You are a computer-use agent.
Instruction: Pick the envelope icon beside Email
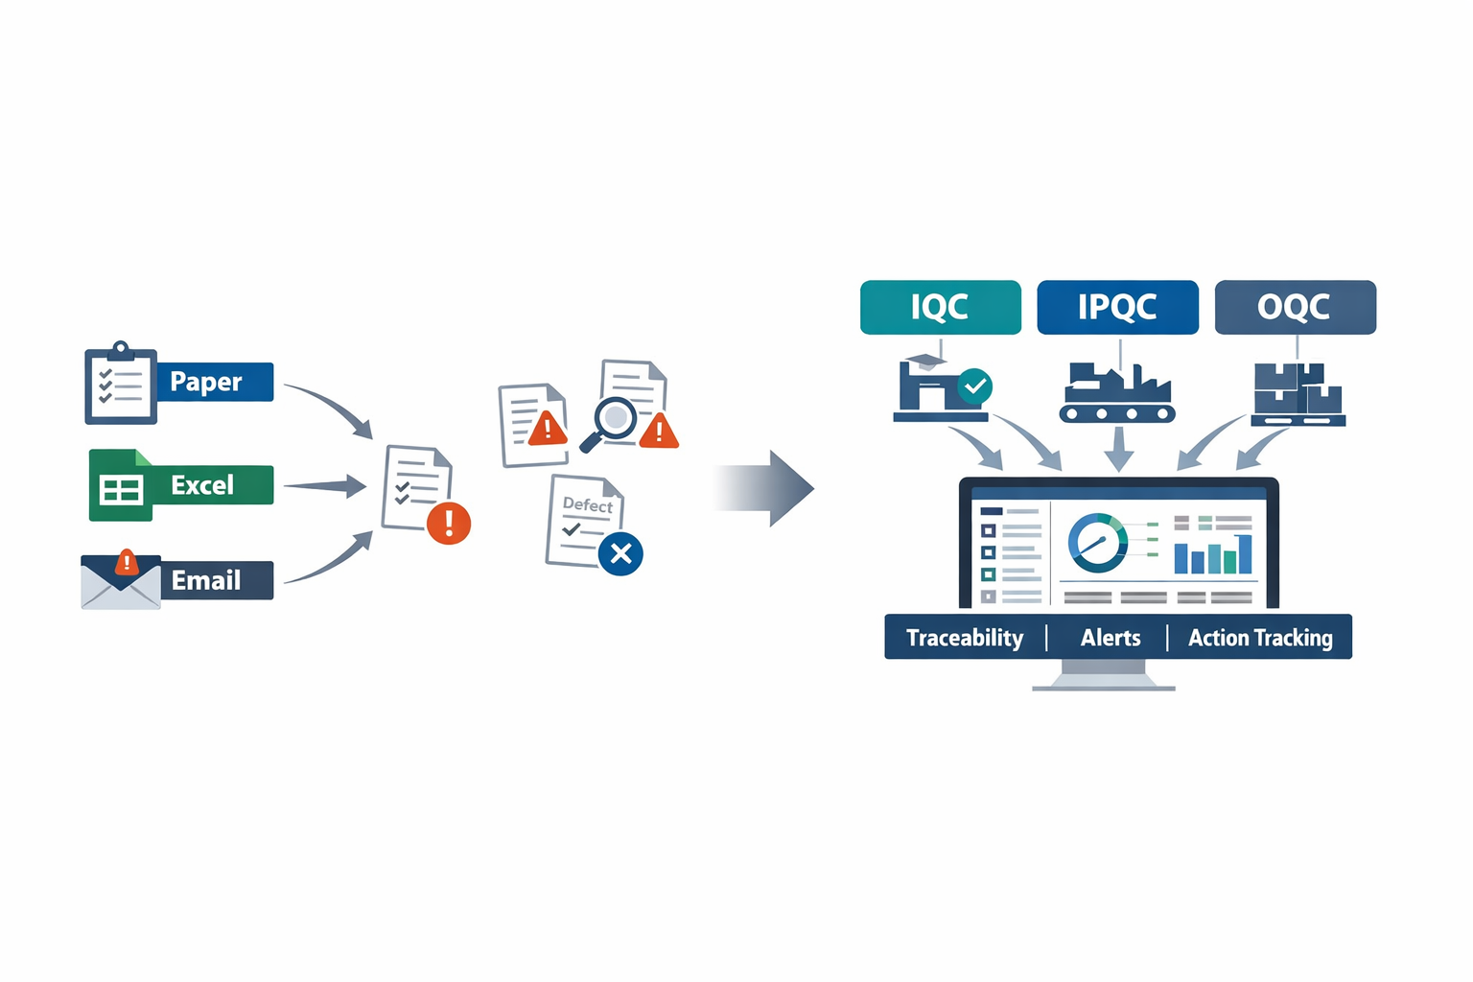121,582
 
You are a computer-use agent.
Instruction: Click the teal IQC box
940,307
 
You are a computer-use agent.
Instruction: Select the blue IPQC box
1117,307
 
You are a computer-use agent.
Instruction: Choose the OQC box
1295,307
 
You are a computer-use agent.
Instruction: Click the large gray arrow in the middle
767,488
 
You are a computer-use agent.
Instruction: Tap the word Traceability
965,638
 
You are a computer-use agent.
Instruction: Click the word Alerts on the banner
1111,638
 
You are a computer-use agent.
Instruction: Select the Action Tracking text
1260,638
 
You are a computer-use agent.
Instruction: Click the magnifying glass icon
612,421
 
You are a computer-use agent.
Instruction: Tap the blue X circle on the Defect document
620,553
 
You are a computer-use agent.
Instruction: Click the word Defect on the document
587,504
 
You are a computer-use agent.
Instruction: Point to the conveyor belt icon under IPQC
1117,394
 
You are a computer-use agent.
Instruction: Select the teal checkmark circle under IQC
975,386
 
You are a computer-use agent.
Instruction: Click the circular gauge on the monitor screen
1098,543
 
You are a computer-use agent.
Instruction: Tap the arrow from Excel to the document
325,486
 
